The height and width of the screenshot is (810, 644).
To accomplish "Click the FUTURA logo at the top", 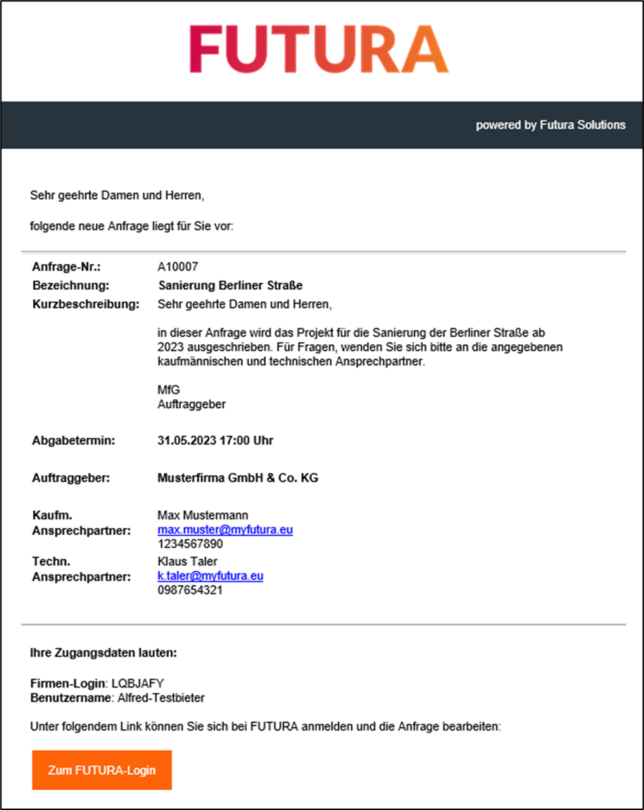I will click(318, 49).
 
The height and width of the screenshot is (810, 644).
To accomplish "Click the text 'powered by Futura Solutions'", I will click(550, 125).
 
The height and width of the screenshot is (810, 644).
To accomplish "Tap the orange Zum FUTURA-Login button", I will click(102, 770).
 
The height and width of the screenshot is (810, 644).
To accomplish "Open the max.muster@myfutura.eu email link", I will click(225, 529).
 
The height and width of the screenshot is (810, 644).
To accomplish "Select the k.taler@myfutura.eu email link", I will click(210, 576).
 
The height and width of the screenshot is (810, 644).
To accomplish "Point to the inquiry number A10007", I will click(178, 267).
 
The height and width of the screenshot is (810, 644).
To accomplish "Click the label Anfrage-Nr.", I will click(67, 267).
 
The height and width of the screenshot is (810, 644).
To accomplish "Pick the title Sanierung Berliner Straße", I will click(230, 286).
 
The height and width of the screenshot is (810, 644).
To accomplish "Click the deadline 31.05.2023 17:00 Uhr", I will click(215, 441).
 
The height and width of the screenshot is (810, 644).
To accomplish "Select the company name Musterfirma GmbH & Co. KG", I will click(238, 478).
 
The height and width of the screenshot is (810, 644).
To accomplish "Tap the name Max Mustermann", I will click(203, 515).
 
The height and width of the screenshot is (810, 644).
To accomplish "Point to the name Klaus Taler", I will click(188, 561).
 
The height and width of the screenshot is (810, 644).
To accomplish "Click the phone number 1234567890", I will click(190, 544).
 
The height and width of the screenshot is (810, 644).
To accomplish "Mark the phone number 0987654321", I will click(190, 590).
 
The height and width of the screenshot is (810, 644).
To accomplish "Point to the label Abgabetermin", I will click(73, 441).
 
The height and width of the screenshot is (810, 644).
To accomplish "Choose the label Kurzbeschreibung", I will click(86, 304).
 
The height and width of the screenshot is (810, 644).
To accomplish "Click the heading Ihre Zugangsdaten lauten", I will click(103, 653).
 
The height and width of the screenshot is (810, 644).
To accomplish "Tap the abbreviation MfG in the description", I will click(166, 389).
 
